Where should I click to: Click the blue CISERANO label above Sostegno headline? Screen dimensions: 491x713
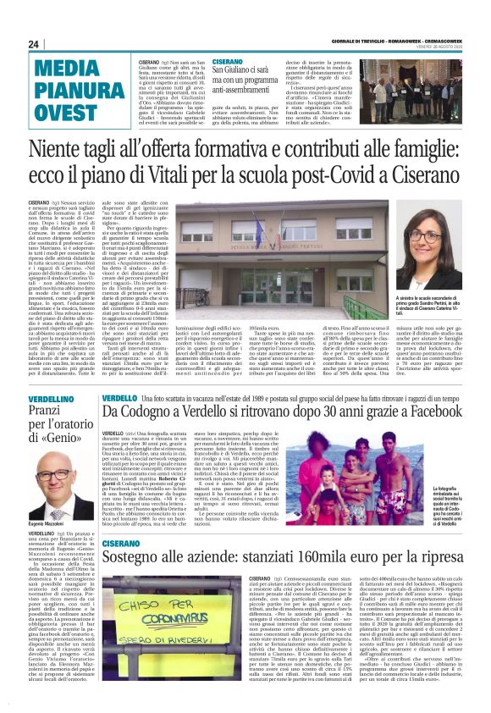pyautogui.click(x=124, y=544)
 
